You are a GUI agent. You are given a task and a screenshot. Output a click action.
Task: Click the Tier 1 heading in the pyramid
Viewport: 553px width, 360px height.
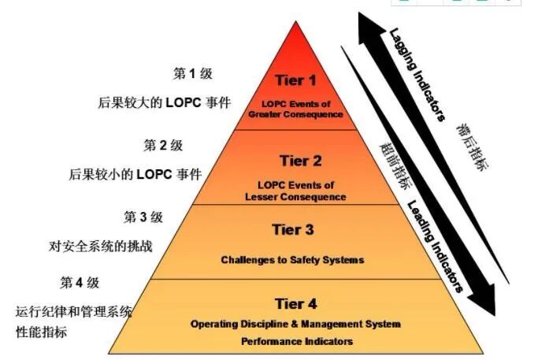coord(295,80)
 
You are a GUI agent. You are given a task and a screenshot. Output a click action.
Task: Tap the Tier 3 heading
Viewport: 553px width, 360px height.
coord(293,230)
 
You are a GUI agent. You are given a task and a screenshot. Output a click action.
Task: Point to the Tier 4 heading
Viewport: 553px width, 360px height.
coord(295,303)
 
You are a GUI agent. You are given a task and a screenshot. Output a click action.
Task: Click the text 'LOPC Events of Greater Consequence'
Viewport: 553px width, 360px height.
coord(295,109)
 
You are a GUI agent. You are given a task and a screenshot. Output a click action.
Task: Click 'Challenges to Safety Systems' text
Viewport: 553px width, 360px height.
coord(292,259)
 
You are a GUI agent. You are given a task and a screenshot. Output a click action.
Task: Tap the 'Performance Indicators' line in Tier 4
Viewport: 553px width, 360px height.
coord(296,342)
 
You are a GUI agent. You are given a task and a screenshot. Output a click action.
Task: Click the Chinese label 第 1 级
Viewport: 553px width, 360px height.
coord(192,74)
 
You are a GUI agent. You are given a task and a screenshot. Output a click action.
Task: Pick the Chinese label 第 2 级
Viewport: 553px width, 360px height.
coord(163,146)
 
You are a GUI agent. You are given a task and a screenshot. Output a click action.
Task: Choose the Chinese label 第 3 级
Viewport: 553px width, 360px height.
coord(143,217)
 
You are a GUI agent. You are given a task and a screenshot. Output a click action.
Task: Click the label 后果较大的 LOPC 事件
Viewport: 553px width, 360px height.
coord(164,103)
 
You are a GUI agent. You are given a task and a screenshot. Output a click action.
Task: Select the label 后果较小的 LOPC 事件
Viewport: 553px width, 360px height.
coord(135,174)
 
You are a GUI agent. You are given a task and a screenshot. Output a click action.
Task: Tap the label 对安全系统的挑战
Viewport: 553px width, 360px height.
coord(100,246)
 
